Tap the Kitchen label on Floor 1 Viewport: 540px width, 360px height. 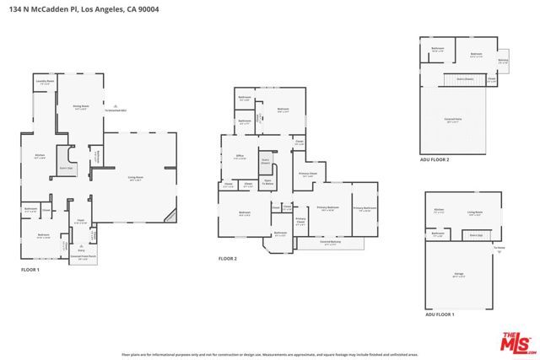40,156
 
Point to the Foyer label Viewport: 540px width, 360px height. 81,221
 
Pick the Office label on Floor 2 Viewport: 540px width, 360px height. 239,157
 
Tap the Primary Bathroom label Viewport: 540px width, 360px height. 364,208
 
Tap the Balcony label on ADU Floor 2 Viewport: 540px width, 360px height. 503,61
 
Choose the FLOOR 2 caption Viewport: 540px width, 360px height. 228,258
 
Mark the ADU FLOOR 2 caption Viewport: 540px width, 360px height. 435,159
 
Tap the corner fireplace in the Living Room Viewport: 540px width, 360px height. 170,215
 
